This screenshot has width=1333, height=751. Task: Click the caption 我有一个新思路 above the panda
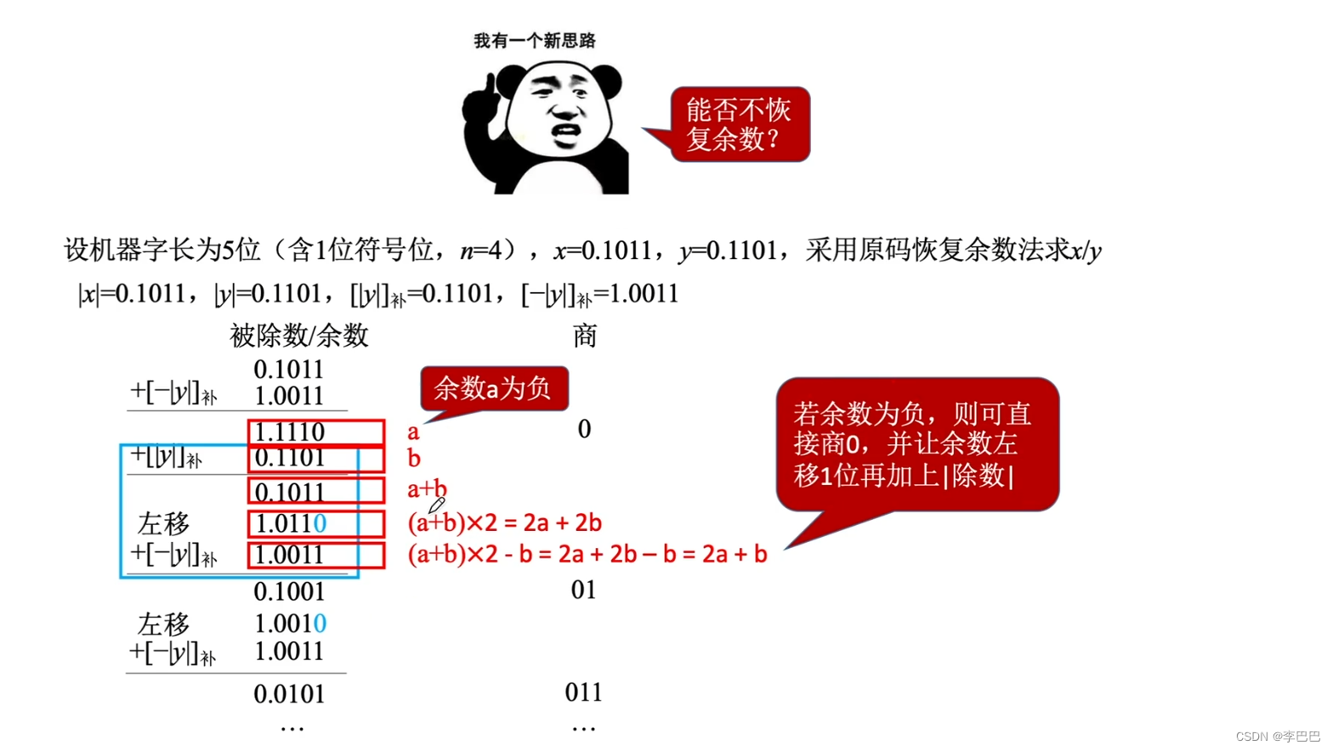(x=534, y=41)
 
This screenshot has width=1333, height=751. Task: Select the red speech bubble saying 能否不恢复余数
(x=740, y=124)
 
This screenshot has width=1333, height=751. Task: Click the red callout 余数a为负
(x=493, y=389)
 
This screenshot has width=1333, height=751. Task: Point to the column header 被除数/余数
(x=298, y=336)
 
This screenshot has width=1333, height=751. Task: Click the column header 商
(x=584, y=336)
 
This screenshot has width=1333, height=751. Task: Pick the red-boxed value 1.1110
(x=290, y=432)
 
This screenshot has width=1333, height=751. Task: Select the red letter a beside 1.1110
(x=413, y=432)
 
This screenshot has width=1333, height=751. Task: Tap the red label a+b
(x=426, y=488)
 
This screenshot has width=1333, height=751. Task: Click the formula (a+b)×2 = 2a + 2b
(x=505, y=522)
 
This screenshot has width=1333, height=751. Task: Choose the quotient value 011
(x=583, y=692)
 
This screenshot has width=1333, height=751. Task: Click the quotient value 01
(x=583, y=590)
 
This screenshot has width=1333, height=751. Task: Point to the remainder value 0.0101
(x=289, y=694)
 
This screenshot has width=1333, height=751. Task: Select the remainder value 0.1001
(x=289, y=591)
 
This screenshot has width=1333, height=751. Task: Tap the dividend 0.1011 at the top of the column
(x=289, y=370)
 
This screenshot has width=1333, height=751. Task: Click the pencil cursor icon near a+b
(x=437, y=505)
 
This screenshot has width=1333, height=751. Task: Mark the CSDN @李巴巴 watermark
(x=1277, y=737)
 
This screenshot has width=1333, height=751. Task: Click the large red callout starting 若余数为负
(x=916, y=444)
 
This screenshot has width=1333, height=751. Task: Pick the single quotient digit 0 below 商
(x=584, y=429)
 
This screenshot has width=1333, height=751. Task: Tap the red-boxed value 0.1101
(x=290, y=458)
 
